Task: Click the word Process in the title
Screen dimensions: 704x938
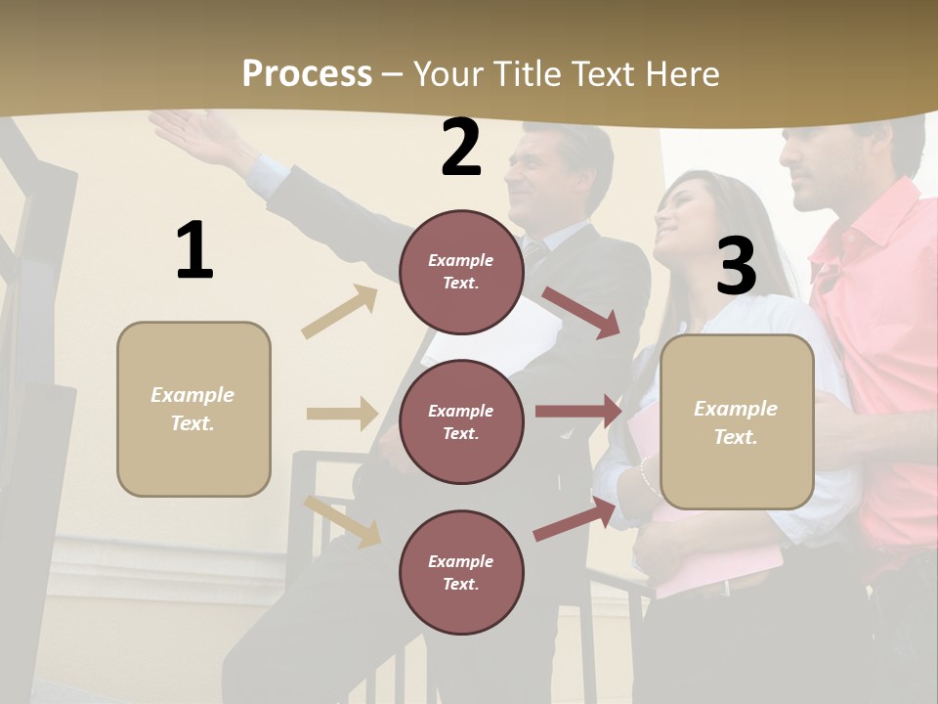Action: [307, 74]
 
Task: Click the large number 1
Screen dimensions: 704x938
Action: [194, 251]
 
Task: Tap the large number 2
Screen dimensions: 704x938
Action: [460, 148]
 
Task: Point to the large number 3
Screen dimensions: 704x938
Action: [736, 266]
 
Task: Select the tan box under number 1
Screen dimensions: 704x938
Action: [193, 409]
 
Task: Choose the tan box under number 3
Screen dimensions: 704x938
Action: [737, 421]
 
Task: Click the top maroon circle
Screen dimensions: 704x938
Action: [460, 272]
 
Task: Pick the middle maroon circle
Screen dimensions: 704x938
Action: [460, 421]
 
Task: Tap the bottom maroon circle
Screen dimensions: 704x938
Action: [460, 572]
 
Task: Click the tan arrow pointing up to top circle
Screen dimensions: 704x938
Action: [340, 312]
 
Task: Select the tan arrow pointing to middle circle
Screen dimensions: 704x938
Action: [342, 414]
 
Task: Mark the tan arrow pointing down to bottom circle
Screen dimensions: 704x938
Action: [342, 521]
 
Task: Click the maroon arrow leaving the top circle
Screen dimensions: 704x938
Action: [581, 312]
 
